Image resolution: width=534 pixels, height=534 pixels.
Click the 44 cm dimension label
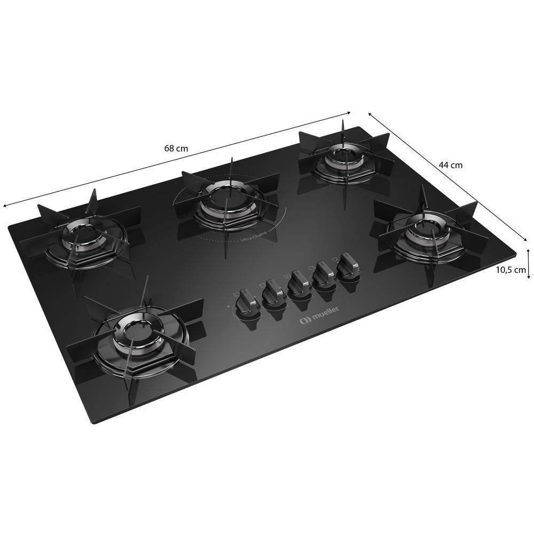(x=451, y=165)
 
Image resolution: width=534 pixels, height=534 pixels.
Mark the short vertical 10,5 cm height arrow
(x=528, y=265)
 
